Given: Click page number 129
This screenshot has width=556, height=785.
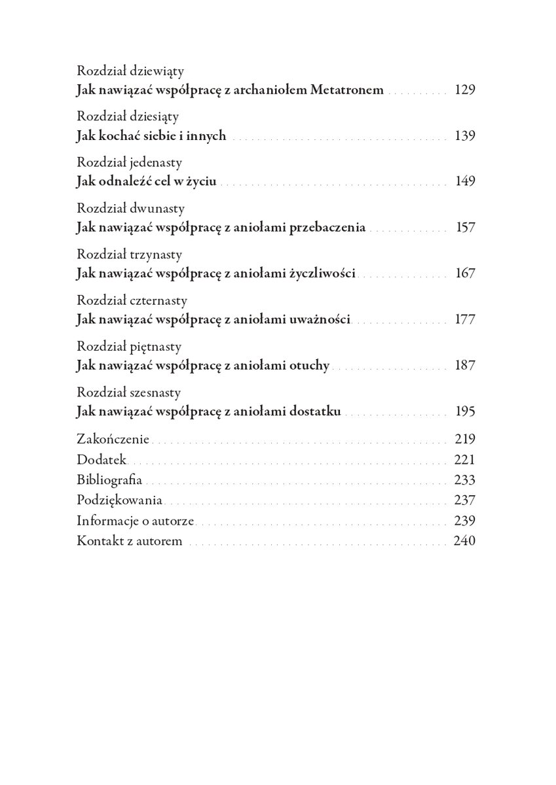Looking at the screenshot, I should point(464,90).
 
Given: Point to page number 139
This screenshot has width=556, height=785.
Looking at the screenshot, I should point(464,136).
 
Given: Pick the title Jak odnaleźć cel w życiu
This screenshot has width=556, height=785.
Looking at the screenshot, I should point(146,182).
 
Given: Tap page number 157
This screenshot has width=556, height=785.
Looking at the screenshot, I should point(465,228).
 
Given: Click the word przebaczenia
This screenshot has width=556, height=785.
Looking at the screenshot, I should point(327,228).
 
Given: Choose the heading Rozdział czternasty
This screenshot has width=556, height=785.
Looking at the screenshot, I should point(132,300).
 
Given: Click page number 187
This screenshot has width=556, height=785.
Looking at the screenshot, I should point(464,365).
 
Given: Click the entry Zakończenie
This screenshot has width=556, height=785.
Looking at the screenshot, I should point(113,439).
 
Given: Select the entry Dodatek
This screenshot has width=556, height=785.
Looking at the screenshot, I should point(102,460).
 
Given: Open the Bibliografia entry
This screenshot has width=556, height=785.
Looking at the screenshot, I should point(109,480).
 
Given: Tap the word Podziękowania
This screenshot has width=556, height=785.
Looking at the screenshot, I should point(120,501).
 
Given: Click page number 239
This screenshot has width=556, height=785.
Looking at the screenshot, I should point(464,521).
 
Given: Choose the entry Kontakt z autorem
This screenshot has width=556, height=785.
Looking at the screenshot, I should point(129,542).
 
